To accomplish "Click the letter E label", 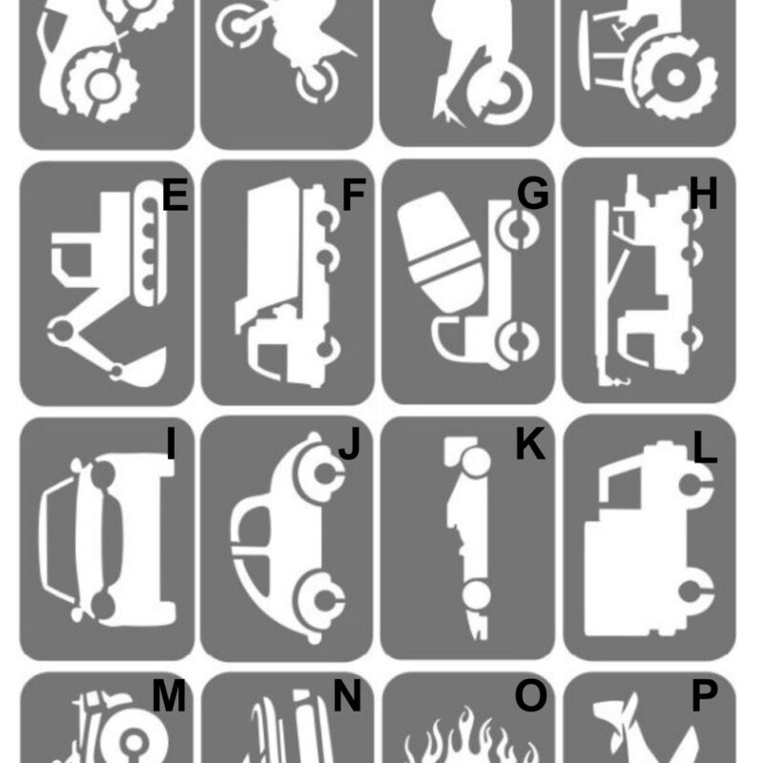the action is (x=175, y=195).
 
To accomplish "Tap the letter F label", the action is (x=354, y=195).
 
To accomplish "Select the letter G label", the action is (x=533, y=194).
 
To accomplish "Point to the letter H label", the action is (x=704, y=194).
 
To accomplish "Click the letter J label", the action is (x=349, y=443).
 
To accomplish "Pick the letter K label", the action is (x=530, y=443).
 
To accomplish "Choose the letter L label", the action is (x=705, y=446).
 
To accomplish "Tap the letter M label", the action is (x=169, y=696).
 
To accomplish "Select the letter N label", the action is (x=347, y=695).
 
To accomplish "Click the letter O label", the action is (x=530, y=695).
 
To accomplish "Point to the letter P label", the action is (x=704, y=695).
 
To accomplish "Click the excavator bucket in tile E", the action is (x=144, y=369).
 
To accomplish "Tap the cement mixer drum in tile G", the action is (x=440, y=251).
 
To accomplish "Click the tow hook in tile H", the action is (x=623, y=381).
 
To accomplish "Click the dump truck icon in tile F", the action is (x=287, y=282).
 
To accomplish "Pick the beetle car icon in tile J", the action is (x=287, y=538).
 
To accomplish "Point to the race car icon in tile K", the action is (x=467, y=538).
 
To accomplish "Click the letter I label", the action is (x=171, y=443).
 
